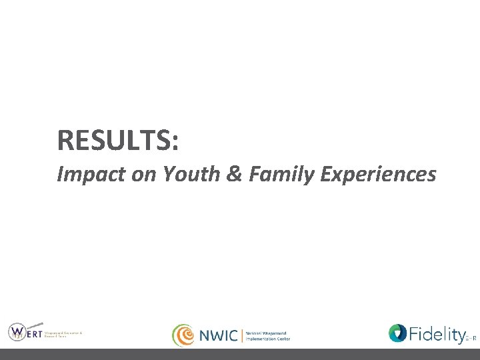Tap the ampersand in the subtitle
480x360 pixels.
click(x=233, y=175)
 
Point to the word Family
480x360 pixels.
click(x=279, y=175)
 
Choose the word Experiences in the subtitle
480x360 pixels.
click(x=378, y=175)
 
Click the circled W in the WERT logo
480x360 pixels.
click(x=18, y=331)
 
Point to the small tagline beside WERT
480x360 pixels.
click(x=63, y=334)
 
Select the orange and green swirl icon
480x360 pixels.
click(x=183, y=335)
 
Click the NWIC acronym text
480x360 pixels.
click(x=218, y=335)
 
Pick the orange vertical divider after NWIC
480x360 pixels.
click(x=242, y=335)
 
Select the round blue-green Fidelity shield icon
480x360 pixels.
click(x=397, y=333)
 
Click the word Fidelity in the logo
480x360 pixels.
click(x=436, y=333)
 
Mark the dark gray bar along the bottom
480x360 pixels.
click(x=240, y=354)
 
